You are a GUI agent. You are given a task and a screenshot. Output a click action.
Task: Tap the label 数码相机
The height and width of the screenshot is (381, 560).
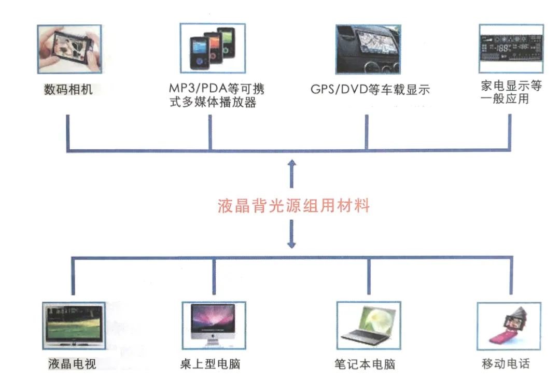coord(67,89)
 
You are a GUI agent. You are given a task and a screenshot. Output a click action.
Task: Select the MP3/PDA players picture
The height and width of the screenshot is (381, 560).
coord(212,49)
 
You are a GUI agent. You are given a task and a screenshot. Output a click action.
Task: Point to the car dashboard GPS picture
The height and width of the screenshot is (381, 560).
coord(368,50)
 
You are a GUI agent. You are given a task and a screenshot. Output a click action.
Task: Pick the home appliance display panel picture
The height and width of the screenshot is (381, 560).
coord(511,49)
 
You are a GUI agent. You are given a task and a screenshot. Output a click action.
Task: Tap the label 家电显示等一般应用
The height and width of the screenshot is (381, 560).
coord(511,92)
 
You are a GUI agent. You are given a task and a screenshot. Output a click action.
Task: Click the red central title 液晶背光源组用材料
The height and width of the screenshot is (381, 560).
coord(293,206)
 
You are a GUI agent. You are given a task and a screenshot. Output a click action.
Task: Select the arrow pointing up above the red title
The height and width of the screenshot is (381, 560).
coord(292,173)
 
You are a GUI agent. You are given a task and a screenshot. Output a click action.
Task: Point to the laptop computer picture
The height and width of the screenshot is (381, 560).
coord(369,326)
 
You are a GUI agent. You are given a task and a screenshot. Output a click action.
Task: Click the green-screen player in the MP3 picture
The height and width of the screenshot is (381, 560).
coord(227,43)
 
